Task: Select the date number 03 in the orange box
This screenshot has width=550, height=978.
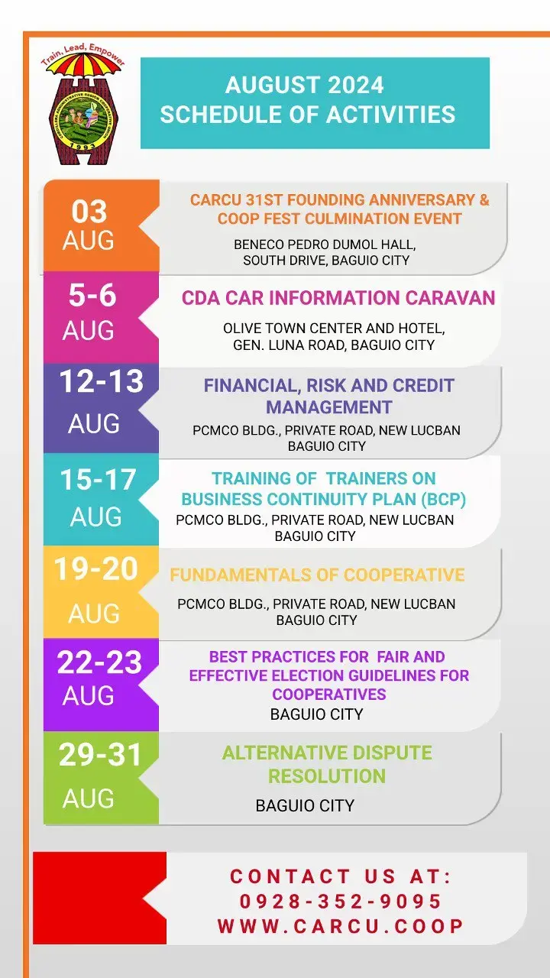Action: (x=89, y=212)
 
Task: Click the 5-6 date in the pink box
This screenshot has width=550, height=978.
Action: (x=92, y=295)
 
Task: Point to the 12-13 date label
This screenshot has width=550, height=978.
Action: (x=102, y=381)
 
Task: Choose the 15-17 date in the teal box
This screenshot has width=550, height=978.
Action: (x=99, y=479)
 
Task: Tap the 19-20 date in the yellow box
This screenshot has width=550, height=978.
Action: (x=96, y=569)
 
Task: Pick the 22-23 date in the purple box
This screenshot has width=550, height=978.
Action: (x=99, y=662)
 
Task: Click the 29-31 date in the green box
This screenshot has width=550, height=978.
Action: (x=100, y=754)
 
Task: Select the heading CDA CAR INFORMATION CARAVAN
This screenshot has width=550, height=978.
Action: (x=338, y=298)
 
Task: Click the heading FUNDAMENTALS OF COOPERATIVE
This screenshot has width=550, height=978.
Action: (x=317, y=575)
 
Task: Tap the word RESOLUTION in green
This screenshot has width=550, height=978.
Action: (x=327, y=776)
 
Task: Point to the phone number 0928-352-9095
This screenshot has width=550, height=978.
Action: (x=341, y=901)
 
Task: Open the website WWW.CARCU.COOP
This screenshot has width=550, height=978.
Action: (x=341, y=926)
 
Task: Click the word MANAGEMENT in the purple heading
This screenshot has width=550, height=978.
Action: (x=329, y=407)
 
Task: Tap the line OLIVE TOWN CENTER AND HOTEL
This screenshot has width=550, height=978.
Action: (x=334, y=329)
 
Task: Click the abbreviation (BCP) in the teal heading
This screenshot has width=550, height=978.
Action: (x=444, y=499)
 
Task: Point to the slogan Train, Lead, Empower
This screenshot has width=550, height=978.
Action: (x=83, y=53)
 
